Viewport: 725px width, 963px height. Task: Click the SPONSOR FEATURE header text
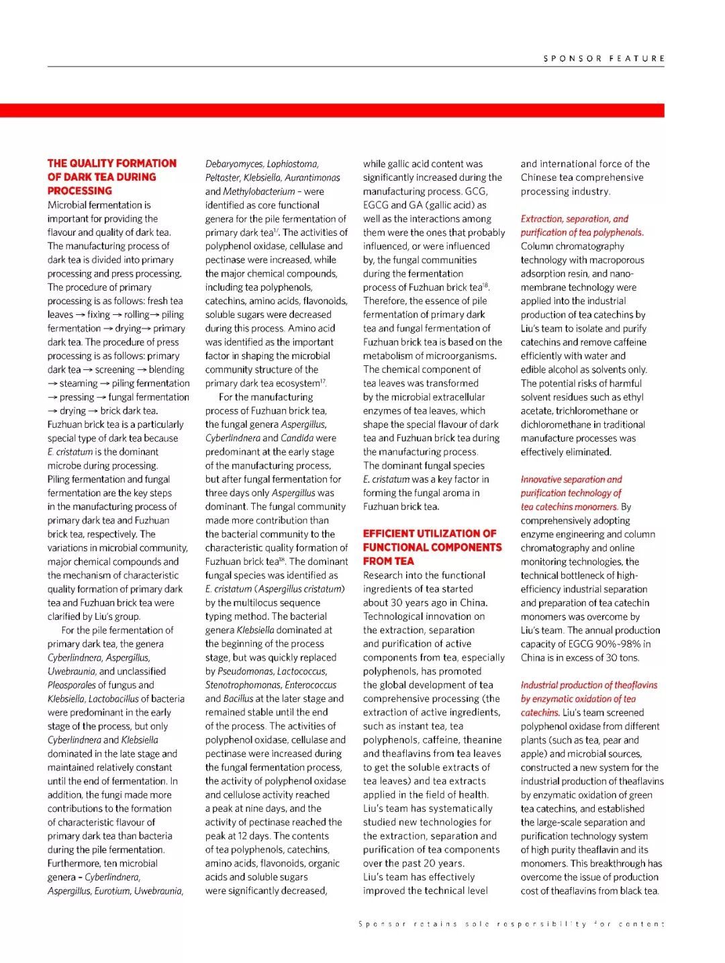pos(603,58)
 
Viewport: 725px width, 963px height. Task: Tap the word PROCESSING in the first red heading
pos(79,191)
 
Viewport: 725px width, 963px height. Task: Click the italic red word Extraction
pos(542,219)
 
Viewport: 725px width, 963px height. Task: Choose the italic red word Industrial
pos(542,685)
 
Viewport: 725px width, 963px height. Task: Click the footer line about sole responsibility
pos(511,924)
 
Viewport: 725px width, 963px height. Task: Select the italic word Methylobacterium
pos(258,191)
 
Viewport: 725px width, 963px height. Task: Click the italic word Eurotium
pos(113,891)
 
